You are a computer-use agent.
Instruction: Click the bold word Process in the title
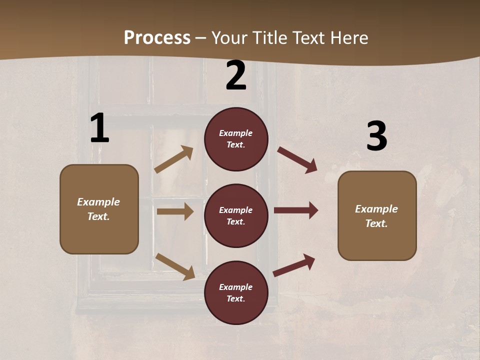[157, 37]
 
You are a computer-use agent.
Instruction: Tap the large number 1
[99, 128]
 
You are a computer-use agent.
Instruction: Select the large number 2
[236, 75]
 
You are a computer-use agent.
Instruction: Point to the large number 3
[376, 136]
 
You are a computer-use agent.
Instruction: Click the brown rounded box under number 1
[99, 209]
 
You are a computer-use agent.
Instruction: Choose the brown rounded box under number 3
[377, 215]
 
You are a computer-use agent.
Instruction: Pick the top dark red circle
[236, 139]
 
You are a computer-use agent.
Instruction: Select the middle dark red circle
[236, 215]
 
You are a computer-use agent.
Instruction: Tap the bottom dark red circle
[236, 292]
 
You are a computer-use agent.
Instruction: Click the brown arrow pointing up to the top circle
[174, 159]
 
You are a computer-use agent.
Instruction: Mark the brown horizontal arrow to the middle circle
[175, 211]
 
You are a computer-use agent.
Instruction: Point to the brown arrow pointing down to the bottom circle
[175, 266]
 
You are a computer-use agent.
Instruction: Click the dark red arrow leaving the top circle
[297, 159]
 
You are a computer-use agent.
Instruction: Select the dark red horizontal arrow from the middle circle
[296, 210]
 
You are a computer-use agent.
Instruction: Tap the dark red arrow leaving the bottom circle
[294, 265]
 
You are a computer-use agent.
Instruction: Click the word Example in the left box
[98, 202]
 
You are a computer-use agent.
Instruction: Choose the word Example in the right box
[376, 209]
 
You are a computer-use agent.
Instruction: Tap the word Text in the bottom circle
[235, 298]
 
